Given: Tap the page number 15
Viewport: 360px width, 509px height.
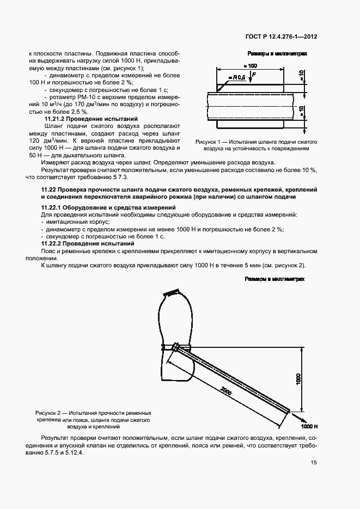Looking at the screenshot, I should (314, 463).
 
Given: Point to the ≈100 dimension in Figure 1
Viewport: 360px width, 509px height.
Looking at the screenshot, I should (252, 65).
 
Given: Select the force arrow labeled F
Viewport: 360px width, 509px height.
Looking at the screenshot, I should (251, 78).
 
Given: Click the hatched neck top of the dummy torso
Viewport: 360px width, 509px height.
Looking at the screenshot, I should (171, 293).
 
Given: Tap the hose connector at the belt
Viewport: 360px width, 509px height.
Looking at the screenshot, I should (176, 347).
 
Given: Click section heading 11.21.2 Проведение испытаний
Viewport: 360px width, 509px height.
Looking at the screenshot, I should (91, 119).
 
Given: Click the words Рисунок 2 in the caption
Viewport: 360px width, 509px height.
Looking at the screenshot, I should (50, 413).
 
